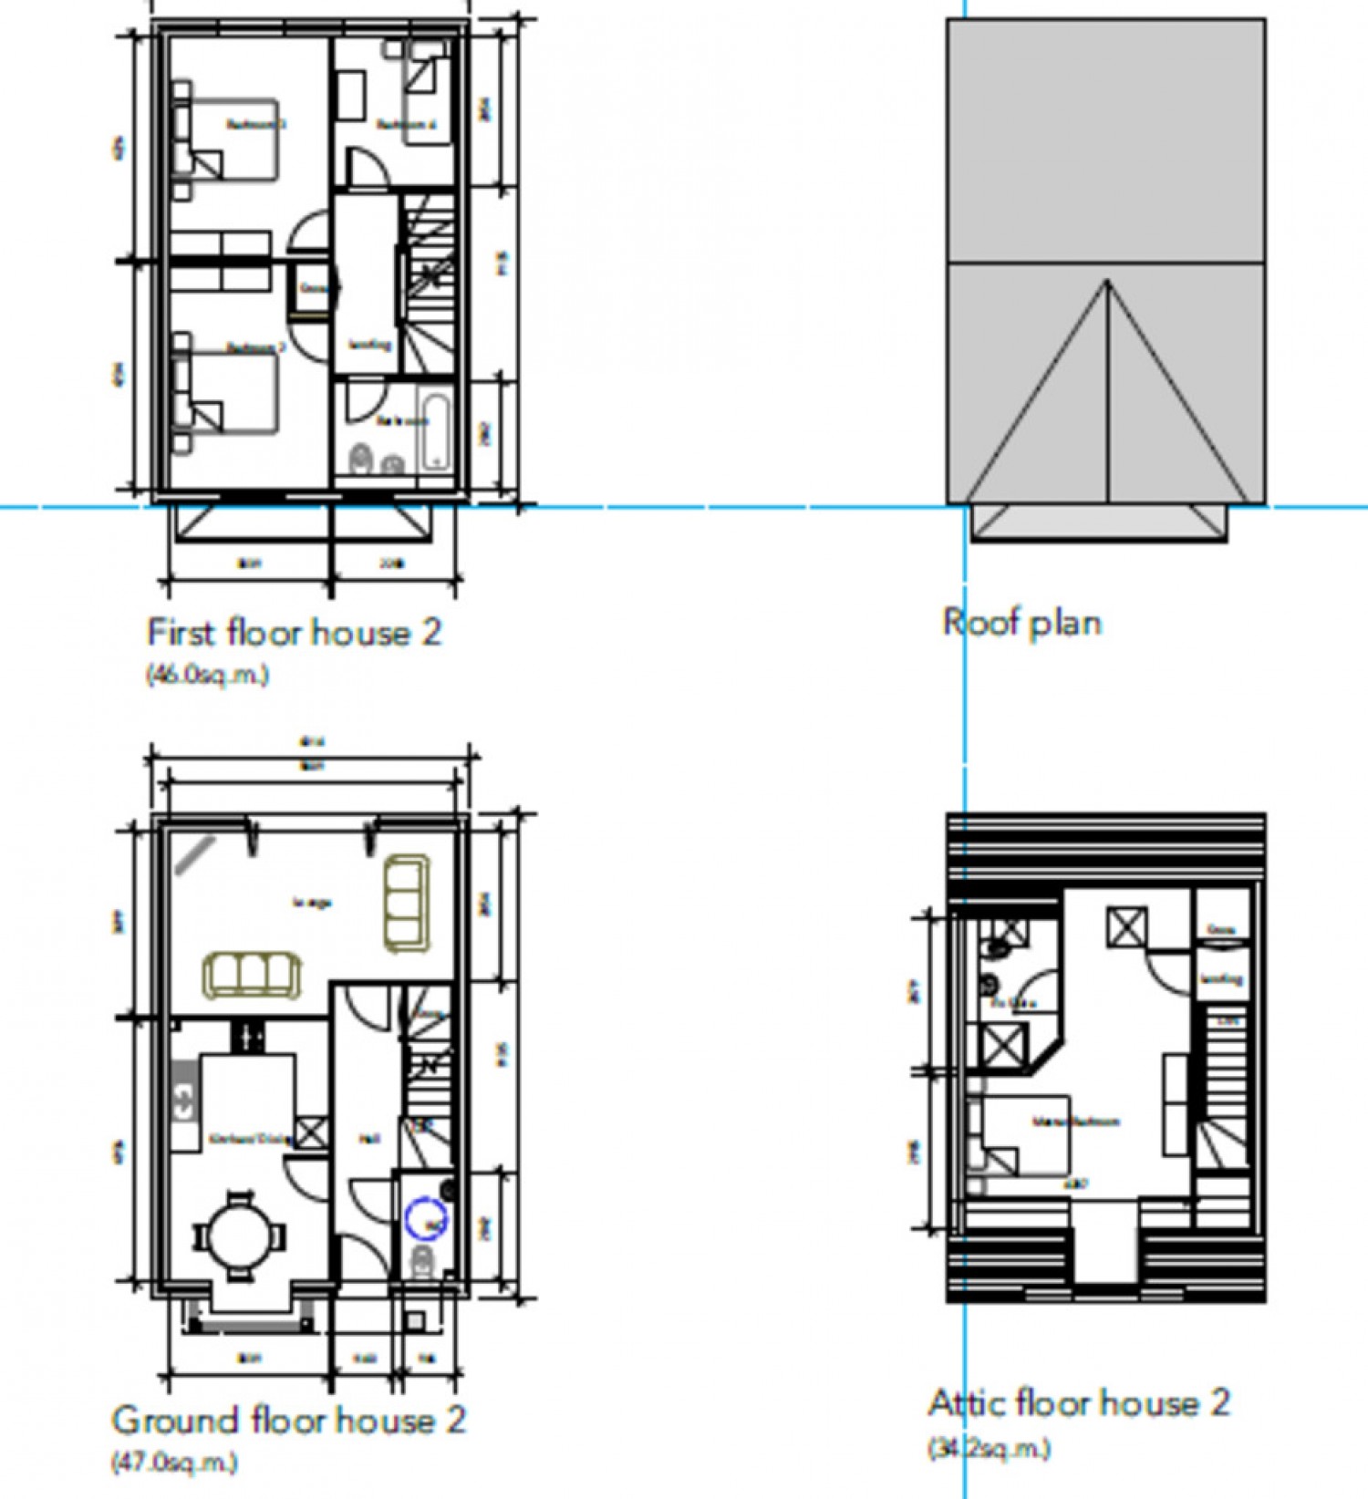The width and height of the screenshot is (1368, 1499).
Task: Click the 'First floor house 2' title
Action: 294,632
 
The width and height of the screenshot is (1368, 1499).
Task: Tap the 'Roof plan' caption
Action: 1021,622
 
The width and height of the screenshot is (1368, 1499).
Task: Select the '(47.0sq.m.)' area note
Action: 174,1462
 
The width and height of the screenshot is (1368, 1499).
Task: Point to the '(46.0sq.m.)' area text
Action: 207,675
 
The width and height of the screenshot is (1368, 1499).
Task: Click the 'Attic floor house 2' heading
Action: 1079,1401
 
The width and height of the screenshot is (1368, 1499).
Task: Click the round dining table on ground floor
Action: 239,1236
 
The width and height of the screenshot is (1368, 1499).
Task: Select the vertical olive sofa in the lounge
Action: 407,903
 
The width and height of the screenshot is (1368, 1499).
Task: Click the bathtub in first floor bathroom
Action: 437,431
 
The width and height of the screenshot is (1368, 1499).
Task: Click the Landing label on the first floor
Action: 370,345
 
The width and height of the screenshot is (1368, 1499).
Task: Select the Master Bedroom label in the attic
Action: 1076,1122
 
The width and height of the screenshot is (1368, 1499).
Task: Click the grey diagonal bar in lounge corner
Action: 195,855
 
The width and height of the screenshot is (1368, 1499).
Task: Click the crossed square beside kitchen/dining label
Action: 311,1133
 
